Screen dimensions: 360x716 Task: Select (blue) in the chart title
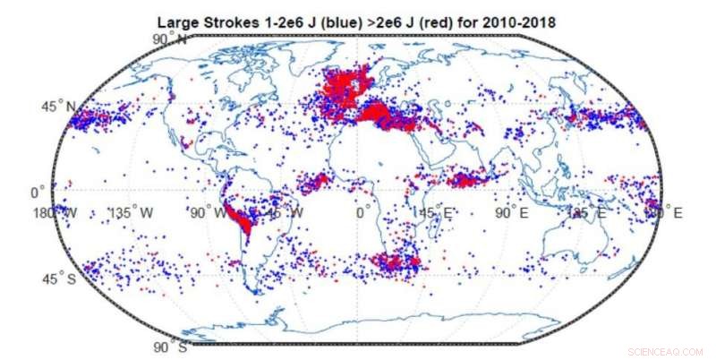[x=336, y=21]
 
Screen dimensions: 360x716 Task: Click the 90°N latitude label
[x=169, y=40]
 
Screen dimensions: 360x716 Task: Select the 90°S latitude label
[x=169, y=346]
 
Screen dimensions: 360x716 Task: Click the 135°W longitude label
[x=134, y=212]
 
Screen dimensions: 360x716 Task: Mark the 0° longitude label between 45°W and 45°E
[x=362, y=212]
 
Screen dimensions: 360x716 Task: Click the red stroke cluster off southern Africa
[x=394, y=262]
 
